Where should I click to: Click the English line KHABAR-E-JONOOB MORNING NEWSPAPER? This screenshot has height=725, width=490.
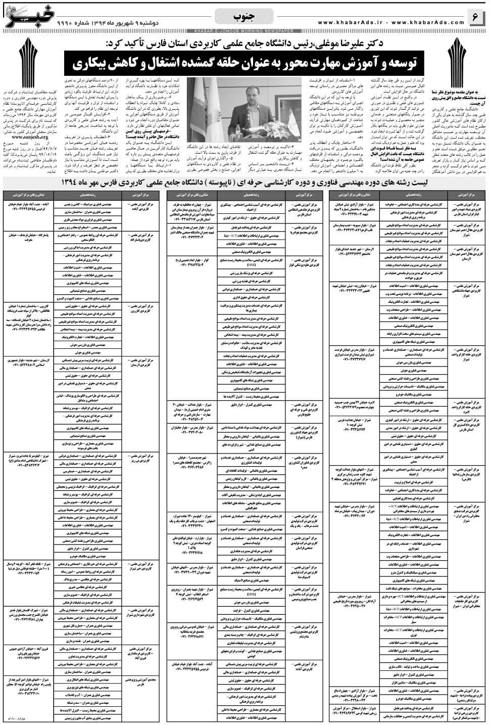tap(244, 30)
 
